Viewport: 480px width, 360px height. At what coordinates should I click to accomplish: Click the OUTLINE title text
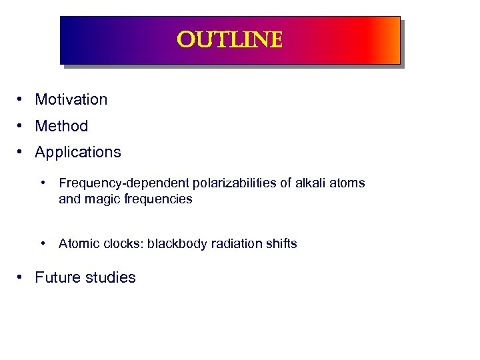[230, 41]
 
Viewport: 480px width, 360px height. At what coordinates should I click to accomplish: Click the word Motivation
[71, 99]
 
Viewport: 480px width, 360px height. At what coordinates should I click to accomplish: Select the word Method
[61, 126]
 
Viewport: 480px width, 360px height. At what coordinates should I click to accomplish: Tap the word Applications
[78, 152]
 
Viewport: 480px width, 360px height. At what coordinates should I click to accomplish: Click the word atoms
[348, 183]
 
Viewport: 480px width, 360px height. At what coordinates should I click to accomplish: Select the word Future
[57, 277]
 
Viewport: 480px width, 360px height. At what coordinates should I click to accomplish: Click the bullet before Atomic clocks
[44, 243]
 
